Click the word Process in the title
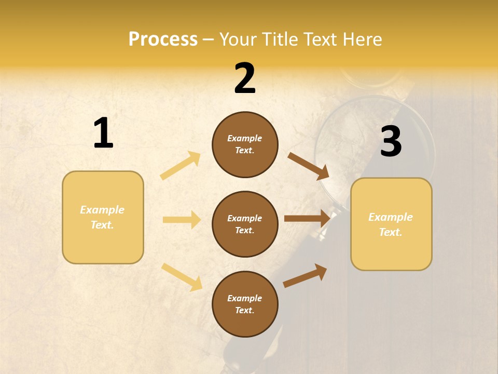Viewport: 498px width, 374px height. tap(163, 39)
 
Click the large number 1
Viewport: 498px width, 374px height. tap(103, 133)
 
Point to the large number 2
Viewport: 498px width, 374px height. tap(245, 78)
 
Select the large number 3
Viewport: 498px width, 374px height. tap(391, 141)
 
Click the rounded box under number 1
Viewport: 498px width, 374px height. tap(103, 217)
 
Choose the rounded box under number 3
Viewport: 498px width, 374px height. tap(391, 224)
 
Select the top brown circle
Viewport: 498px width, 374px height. tap(245, 144)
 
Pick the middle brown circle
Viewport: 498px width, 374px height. tap(245, 224)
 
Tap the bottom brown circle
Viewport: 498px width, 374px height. tap(245, 304)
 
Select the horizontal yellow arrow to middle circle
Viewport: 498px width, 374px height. tap(182, 220)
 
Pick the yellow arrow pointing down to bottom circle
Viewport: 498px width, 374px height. tap(182, 276)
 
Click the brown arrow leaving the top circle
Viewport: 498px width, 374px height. tap(308, 166)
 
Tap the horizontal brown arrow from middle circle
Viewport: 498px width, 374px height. tap(307, 219)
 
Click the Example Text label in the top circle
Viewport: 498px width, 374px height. tap(245, 144)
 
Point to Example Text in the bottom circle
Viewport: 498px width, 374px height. tap(245, 304)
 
